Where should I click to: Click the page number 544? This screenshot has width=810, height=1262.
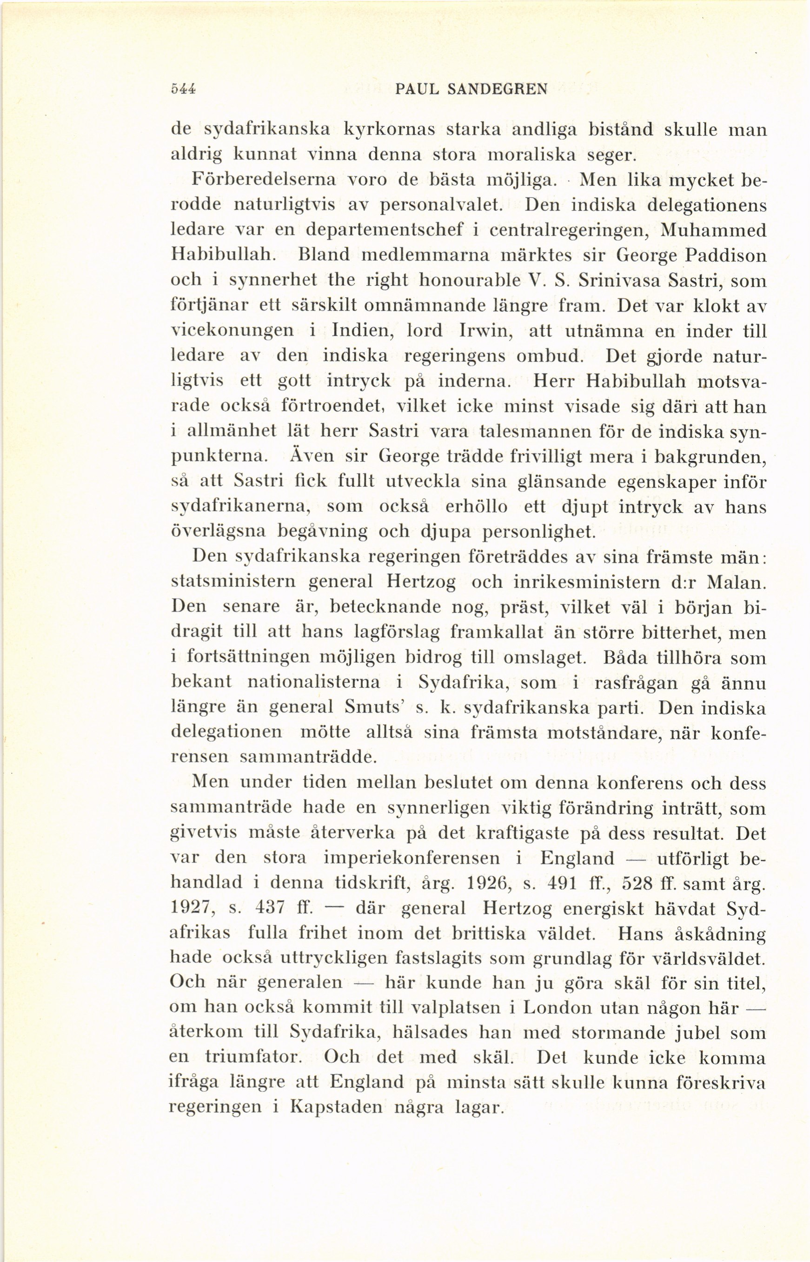(184, 87)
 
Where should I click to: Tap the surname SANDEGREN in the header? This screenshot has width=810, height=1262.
(496, 88)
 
